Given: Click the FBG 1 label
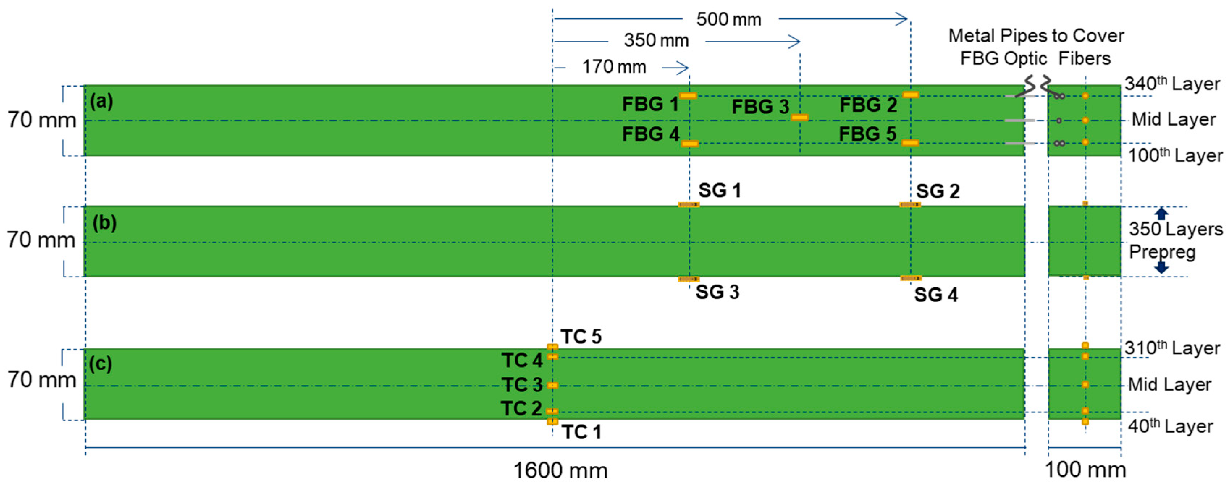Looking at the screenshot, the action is [x=650, y=104].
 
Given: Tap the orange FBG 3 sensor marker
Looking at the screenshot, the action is [x=800, y=117].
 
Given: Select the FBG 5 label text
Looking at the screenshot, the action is [x=867, y=134].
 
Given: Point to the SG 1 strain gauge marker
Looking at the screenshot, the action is [x=689, y=205].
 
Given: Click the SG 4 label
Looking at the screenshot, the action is [x=935, y=295].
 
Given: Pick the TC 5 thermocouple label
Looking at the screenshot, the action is [x=581, y=337].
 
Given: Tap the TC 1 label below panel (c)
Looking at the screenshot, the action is [x=581, y=432].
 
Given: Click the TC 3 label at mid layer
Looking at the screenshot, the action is [x=522, y=385].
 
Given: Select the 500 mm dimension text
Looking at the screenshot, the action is [x=728, y=20].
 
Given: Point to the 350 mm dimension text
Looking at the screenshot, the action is [x=656, y=41].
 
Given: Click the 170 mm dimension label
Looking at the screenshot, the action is [x=614, y=67].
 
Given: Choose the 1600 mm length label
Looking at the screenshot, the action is [x=560, y=471].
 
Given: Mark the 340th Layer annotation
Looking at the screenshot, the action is [x=1172, y=84].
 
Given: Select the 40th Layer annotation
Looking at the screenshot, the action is [x=1170, y=426].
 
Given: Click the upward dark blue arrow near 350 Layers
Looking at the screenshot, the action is [x=1162, y=213].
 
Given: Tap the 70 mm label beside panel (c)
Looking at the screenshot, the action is [x=42, y=380].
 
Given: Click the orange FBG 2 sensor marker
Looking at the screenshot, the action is [x=910, y=95].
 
